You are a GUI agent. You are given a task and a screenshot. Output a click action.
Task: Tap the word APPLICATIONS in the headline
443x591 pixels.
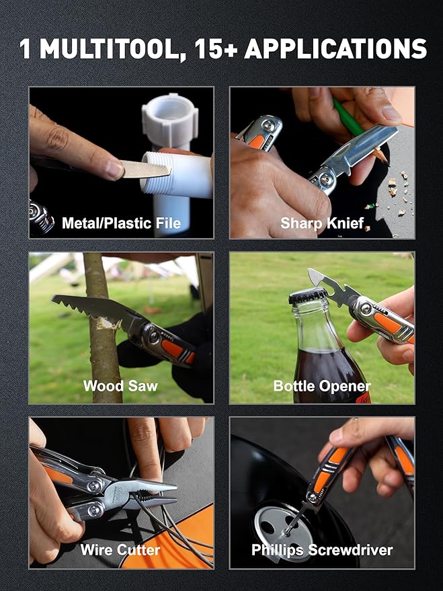coord(335,48)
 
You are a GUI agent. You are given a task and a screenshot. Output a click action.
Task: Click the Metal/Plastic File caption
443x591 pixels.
coord(121,223)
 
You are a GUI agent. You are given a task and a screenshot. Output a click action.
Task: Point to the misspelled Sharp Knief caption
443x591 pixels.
coord(322,223)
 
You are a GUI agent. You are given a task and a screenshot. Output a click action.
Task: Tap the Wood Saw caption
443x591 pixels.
coord(120,386)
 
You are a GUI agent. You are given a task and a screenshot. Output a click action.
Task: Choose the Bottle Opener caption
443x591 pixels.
coord(322,386)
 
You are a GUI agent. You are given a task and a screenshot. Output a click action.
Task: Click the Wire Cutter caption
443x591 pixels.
coord(120,550)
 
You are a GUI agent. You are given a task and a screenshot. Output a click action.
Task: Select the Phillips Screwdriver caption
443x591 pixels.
coord(322,550)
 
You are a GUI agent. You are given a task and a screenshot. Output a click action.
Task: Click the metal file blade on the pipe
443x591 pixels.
coord(145,169)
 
